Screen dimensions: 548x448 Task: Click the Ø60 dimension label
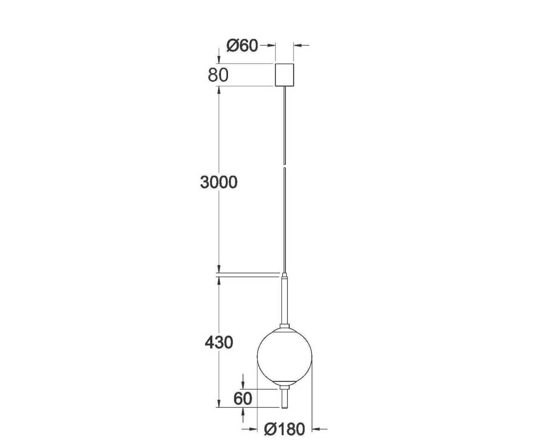point(242,46)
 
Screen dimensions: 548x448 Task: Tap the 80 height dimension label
point(218,75)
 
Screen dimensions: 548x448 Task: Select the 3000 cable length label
point(219,182)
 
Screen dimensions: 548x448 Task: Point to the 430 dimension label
point(219,342)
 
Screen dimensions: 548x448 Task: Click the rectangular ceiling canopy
point(285,75)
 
